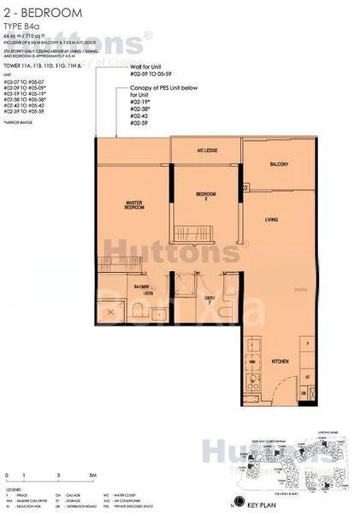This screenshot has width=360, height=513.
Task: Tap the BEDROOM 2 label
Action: pyautogui.click(x=204, y=196)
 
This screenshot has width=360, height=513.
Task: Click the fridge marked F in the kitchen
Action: pyautogui.click(x=308, y=343)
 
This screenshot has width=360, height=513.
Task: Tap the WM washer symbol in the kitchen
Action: pyautogui.click(x=251, y=362)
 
